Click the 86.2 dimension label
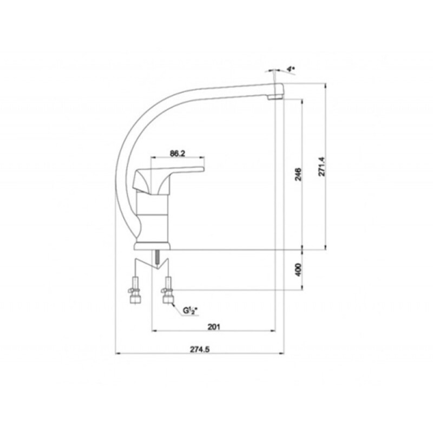[178, 154]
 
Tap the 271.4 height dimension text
[322, 167]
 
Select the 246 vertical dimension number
[298, 174]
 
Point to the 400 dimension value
[298, 270]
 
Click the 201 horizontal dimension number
[214, 327]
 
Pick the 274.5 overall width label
[199, 349]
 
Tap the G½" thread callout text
[191, 311]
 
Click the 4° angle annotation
[291, 69]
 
